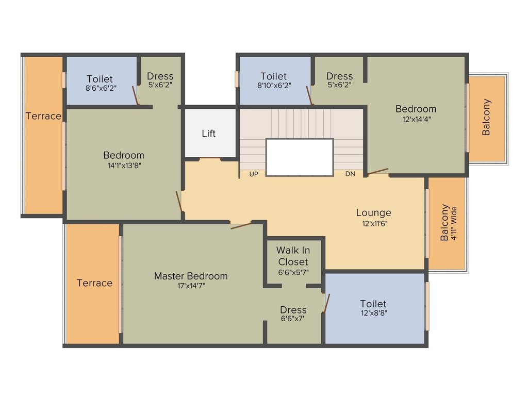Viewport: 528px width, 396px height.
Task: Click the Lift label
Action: tap(209, 134)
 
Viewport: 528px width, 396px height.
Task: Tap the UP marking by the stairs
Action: tap(254, 174)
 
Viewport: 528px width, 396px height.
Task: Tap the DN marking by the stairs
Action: tap(350, 174)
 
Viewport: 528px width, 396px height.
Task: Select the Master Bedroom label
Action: tap(191, 276)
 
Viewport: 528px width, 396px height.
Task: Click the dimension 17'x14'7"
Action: tap(191, 286)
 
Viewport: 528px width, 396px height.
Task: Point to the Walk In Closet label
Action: tap(293, 256)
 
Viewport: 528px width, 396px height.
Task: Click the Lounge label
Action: tap(373, 212)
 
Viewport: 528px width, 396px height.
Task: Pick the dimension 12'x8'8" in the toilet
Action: tap(373, 313)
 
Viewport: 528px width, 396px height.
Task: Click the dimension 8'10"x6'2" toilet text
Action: tap(273, 86)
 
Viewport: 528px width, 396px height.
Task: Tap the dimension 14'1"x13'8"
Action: tap(124, 166)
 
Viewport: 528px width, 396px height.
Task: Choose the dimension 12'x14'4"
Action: tap(416, 119)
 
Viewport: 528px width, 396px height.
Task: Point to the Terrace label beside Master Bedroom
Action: tap(94, 283)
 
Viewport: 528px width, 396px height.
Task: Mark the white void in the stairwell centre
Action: tap(299, 157)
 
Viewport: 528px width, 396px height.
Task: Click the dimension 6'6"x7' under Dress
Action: tap(293, 319)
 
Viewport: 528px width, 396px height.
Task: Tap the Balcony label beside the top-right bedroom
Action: tap(486, 117)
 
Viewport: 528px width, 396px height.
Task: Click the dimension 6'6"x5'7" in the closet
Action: tap(293, 272)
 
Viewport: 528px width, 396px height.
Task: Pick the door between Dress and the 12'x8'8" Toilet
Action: tap(326, 303)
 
